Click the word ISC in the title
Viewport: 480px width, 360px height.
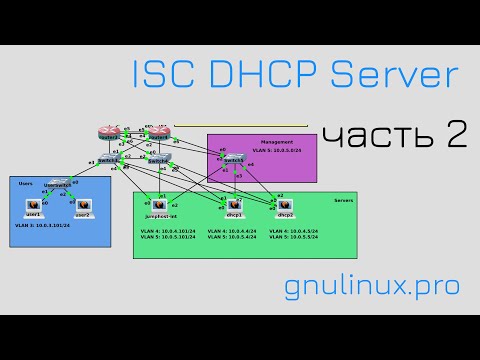(162, 76)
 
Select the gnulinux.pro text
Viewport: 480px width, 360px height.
(372, 286)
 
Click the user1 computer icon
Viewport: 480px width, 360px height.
(33, 205)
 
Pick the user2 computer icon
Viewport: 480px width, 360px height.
(83, 205)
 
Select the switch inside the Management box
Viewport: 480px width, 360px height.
(233, 160)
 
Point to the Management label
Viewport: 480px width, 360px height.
(277, 142)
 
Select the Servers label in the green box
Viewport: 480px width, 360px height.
(344, 200)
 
